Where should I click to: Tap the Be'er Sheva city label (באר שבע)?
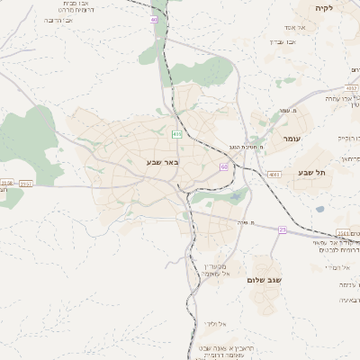[x=163, y=162]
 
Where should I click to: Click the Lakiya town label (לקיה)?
[x=324, y=8]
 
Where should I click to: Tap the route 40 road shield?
[x=154, y=19]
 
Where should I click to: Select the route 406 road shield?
[x=177, y=134]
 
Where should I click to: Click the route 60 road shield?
[x=223, y=166]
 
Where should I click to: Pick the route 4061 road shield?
[x=274, y=174]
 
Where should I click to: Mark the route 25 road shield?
[x=282, y=230]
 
